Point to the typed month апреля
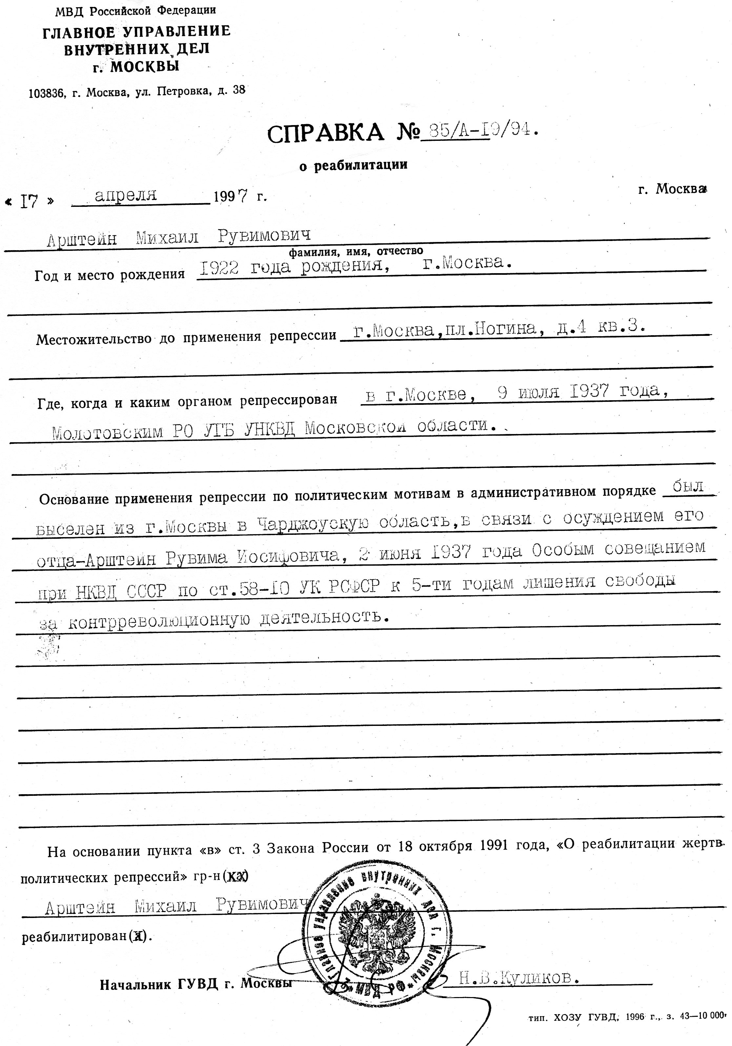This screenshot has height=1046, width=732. tap(126, 195)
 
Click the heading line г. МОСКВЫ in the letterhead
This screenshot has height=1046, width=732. tap(136, 67)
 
